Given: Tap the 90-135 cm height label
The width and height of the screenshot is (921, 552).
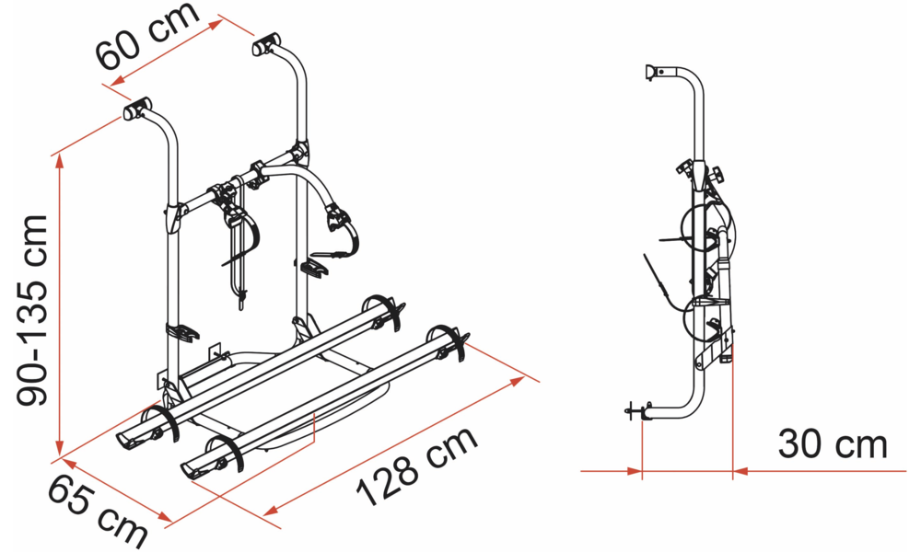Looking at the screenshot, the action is pos(31,310).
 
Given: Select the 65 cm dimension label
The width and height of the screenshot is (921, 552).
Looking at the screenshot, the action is pos(98,512).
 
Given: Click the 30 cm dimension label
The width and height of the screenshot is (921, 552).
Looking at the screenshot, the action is pos(833,444).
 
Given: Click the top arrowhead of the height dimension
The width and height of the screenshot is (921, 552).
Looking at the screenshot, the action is pos(59,166).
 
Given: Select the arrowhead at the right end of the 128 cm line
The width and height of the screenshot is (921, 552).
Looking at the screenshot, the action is pos(516,382).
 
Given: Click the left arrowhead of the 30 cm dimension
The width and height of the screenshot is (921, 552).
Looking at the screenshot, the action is pos(634,470).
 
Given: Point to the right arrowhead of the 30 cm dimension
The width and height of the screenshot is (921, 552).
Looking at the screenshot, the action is pos(740,470).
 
